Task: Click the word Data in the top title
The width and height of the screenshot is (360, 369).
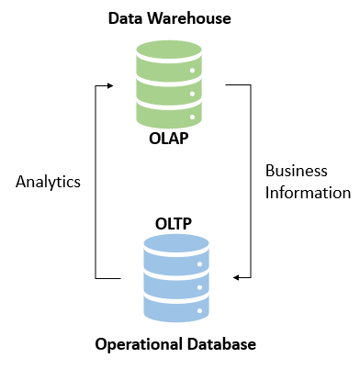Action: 125,17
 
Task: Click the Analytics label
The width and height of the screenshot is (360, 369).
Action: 49,181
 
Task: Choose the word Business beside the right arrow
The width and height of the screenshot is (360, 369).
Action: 296,171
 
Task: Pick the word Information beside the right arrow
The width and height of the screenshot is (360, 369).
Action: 308,193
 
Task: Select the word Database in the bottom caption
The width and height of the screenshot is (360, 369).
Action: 219,343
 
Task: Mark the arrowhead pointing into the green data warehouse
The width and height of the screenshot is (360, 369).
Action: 109,85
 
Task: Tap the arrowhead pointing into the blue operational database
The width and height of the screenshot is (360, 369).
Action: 238,277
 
